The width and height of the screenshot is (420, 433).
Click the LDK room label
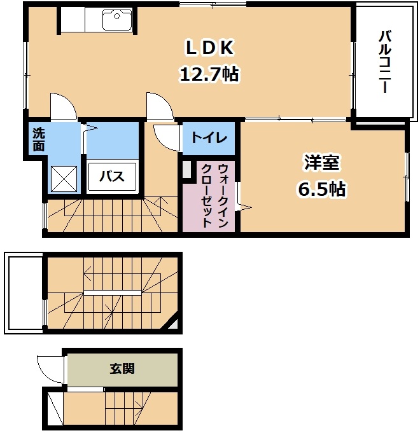tap(210, 48)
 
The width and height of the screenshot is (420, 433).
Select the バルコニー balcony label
tap(384, 62)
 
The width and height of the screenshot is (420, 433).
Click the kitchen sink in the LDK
tap(117, 21)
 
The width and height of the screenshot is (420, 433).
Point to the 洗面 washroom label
tap(39, 139)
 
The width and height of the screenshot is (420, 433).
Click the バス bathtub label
tap(113, 176)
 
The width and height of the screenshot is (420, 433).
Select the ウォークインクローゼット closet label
tap(208, 196)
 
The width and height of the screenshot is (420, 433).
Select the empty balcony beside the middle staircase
tap(24, 292)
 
